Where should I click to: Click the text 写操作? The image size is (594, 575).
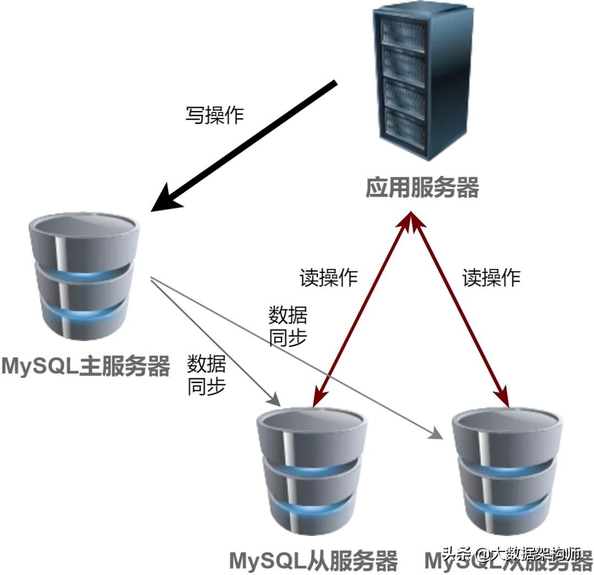[214, 115]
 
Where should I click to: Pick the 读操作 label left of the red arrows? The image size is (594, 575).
[328, 277]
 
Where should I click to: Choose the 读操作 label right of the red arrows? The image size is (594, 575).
[491, 277]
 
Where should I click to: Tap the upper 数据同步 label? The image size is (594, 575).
[288, 326]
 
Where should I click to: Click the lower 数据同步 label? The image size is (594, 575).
[206, 375]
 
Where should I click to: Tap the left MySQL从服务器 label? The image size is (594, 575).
[313, 561]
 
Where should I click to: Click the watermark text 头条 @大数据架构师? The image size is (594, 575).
[512, 553]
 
